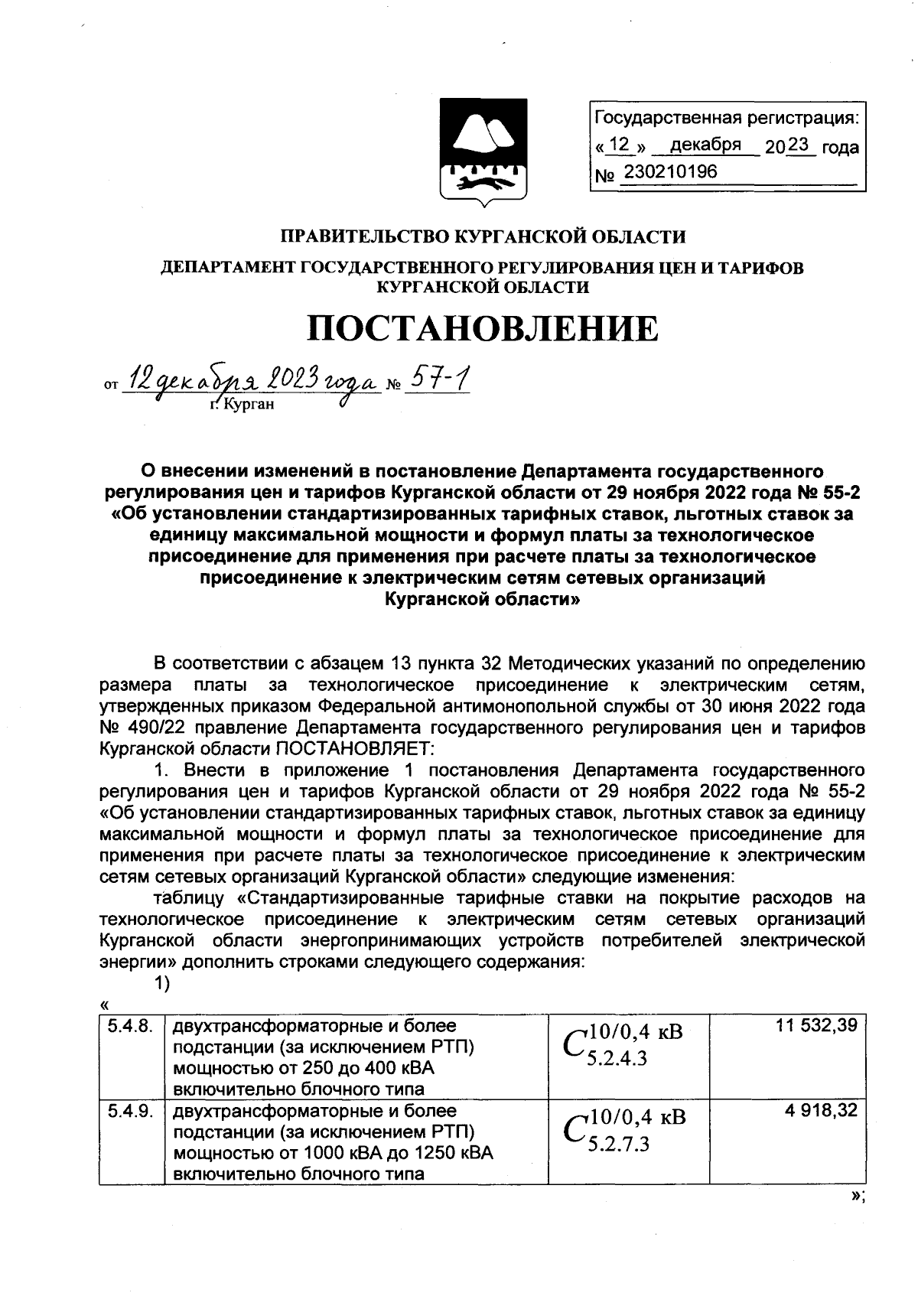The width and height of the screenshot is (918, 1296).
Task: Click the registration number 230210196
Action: pyautogui.click(x=670, y=172)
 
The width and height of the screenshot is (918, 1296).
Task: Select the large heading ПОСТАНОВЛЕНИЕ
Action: pyautogui.click(x=482, y=330)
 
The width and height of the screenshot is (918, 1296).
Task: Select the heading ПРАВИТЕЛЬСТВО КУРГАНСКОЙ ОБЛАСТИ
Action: pyautogui.click(x=482, y=237)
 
